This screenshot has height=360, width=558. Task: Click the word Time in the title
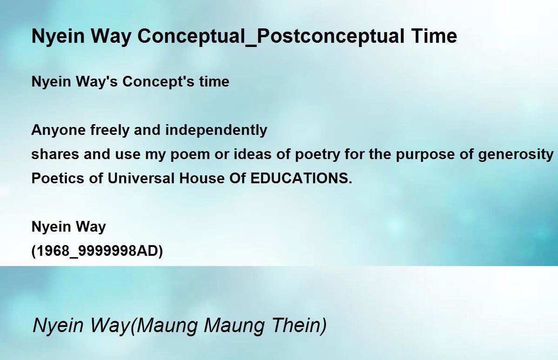click(434, 36)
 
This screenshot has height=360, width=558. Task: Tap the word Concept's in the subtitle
click(158, 82)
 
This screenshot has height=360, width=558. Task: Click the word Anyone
click(58, 130)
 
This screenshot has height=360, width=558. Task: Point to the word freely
click(110, 130)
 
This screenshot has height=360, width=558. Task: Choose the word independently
click(216, 130)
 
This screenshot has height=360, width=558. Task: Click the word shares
click(55, 154)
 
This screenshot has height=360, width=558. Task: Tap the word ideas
click(252, 154)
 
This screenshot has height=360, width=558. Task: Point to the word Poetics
click(58, 179)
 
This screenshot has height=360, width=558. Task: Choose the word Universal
click(141, 179)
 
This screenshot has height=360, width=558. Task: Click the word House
click(202, 179)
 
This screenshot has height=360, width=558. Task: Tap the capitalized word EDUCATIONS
click(301, 179)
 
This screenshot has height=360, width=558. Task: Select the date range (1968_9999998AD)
click(97, 251)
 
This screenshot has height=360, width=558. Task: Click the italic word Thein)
click(299, 326)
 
